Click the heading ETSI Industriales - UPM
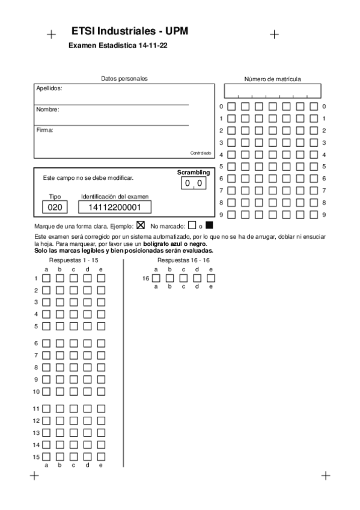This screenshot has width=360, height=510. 129,31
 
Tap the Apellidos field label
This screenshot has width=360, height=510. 49,88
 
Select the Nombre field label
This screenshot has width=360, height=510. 47,109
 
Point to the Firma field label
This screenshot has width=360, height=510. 45,130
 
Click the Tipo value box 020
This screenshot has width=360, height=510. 55,207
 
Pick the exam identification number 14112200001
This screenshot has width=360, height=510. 114,207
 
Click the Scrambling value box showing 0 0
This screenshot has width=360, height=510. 194,183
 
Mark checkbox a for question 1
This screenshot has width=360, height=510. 47,278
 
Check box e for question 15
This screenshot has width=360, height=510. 101,457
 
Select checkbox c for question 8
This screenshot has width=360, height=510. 74,367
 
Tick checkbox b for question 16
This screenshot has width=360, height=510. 169,278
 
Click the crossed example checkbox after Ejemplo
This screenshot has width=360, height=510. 141,226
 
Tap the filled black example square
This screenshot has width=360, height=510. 209,226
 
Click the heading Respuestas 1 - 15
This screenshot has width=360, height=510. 73,260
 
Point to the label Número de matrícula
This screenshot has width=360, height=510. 272,79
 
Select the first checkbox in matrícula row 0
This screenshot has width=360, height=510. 231,106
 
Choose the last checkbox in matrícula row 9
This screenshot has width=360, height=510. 314,214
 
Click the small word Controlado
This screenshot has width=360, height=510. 201,153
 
